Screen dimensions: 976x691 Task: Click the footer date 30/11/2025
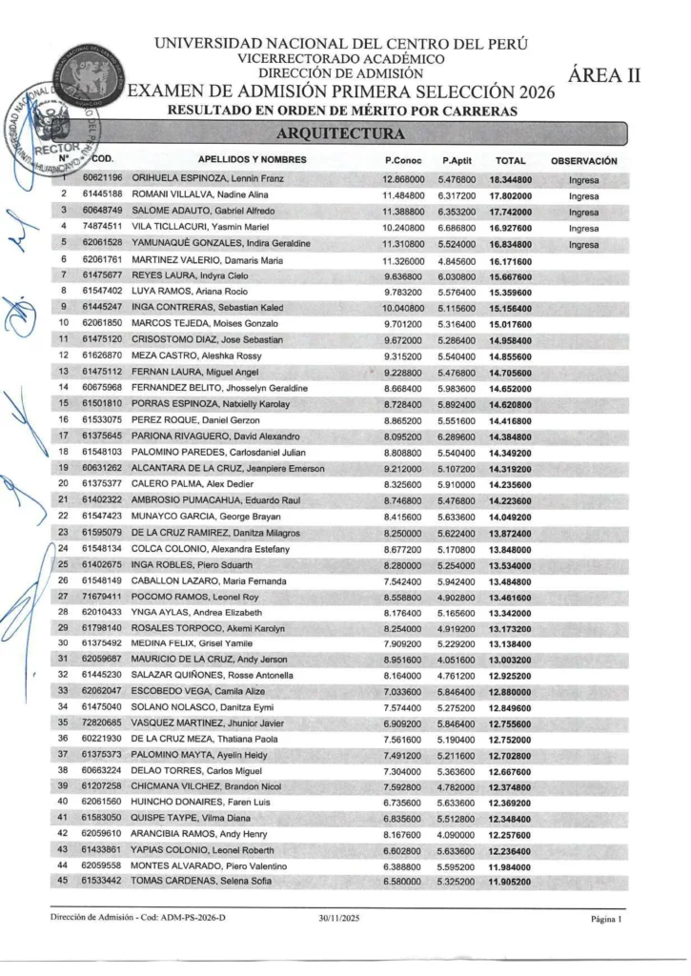[340, 919]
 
